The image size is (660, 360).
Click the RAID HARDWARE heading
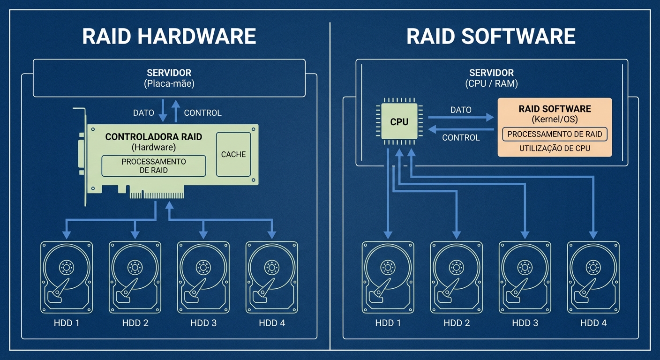(x=169, y=37)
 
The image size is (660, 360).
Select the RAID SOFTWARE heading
(x=491, y=37)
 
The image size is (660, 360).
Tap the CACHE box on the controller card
(x=233, y=154)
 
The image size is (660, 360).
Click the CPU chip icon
(x=399, y=122)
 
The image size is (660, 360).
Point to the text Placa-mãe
(x=169, y=84)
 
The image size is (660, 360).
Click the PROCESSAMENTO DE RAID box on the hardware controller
(x=154, y=166)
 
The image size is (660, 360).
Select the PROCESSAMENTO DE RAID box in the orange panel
(x=555, y=134)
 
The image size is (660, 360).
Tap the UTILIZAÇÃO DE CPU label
(x=555, y=149)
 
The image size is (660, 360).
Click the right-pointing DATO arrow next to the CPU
(x=461, y=117)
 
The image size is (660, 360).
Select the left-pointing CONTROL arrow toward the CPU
(x=461, y=129)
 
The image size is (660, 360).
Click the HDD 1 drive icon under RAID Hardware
(x=67, y=277)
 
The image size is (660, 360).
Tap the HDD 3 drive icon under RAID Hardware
(x=203, y=277)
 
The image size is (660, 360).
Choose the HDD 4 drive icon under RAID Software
(x=593, y=277)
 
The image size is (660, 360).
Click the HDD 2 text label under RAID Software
(x=457, y=323)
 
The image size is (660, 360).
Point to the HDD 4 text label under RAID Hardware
(x=272, y=323)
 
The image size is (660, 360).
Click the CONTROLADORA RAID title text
(x=154, y=137)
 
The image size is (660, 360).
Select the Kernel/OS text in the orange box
(x=555, y=119)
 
